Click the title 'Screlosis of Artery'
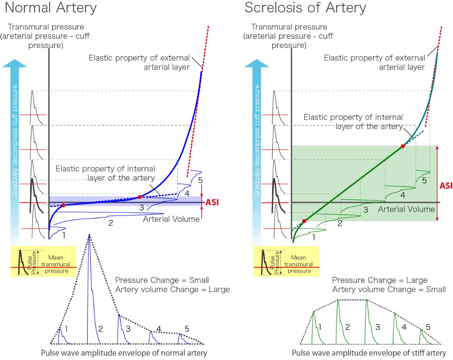point(305,8)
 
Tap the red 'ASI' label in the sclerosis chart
point(446,186)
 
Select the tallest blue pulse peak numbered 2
point(89,235)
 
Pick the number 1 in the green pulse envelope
point(320,327)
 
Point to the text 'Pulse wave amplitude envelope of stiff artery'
point(369,353)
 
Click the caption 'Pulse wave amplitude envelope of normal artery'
point(124,353)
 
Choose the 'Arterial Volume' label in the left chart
point(171,219)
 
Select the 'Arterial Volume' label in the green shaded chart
point(406,209)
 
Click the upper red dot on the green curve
point(403,146)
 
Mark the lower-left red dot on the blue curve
point(63,205)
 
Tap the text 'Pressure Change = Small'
point(162,280)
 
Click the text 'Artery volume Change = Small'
point(389,289)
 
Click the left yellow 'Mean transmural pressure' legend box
point(43,261)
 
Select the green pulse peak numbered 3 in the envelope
point(366,302)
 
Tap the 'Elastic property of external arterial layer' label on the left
point(139,62)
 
